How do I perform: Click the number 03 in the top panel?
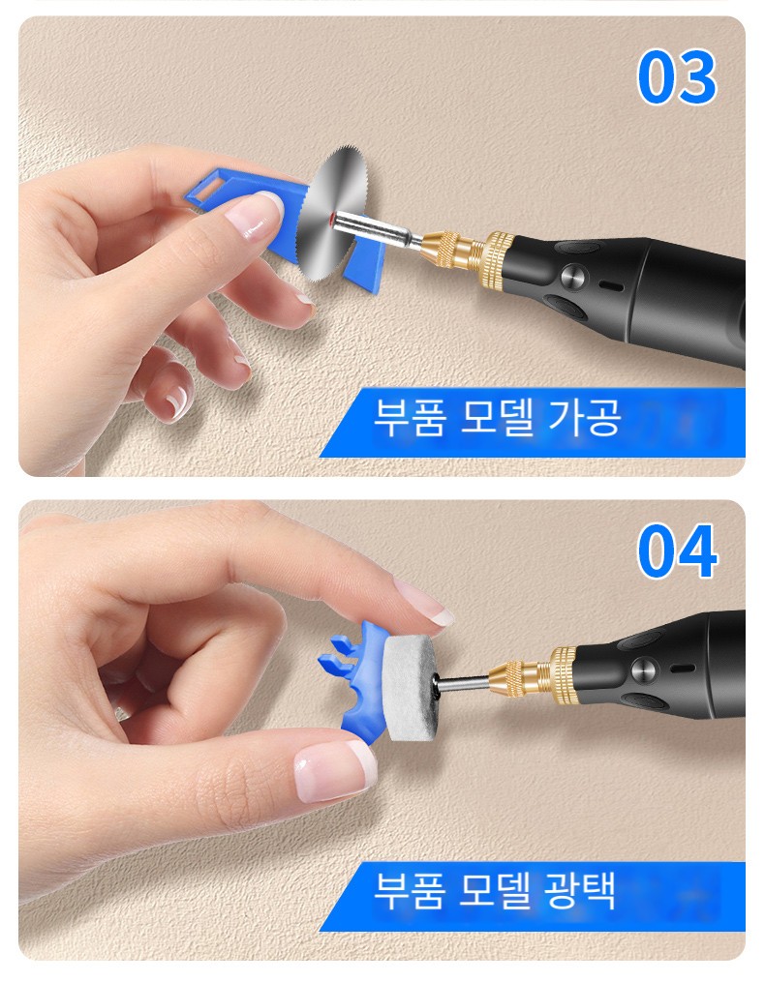pos(677,76)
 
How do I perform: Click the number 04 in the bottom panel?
pos(677,551)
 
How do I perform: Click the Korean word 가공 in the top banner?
pos(585,417)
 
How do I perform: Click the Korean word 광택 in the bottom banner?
pos(580,889)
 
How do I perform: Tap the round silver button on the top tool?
pos(573,276)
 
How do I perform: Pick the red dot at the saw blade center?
pos(330,217)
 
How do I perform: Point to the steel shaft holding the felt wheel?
pos(463,683)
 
